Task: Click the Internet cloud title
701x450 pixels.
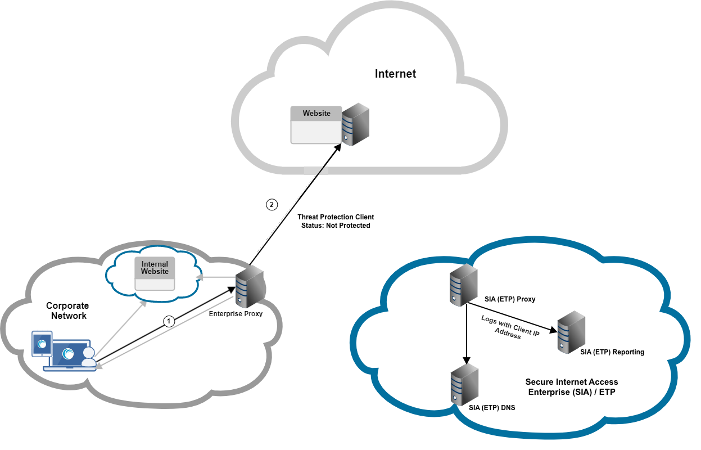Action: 395,74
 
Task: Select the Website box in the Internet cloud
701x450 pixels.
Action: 316,124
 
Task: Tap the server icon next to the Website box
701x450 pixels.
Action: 355,124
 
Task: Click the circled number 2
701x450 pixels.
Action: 272,205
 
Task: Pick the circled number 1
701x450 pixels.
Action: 169,321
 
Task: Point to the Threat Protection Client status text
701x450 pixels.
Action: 336,221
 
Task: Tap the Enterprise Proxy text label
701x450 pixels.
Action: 236,314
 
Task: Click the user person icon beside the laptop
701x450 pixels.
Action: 88,357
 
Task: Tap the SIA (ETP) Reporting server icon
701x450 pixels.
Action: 569,332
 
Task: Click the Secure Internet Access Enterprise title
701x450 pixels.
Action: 571,387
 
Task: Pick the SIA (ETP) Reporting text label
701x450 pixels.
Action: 612,352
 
